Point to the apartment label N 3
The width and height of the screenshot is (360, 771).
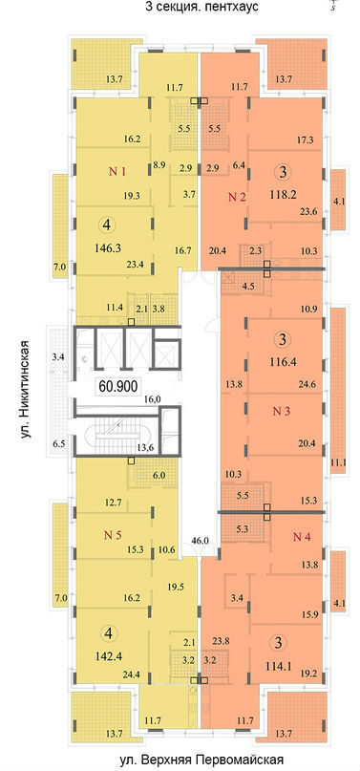pos(284,412)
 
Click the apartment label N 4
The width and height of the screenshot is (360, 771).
pos(303,537)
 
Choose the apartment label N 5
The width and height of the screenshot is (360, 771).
pos(113,535)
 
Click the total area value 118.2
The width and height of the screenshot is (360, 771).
pos(282,193)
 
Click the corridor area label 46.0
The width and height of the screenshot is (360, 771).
pos(200,541)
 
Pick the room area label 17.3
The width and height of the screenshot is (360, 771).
pos(305,139)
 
